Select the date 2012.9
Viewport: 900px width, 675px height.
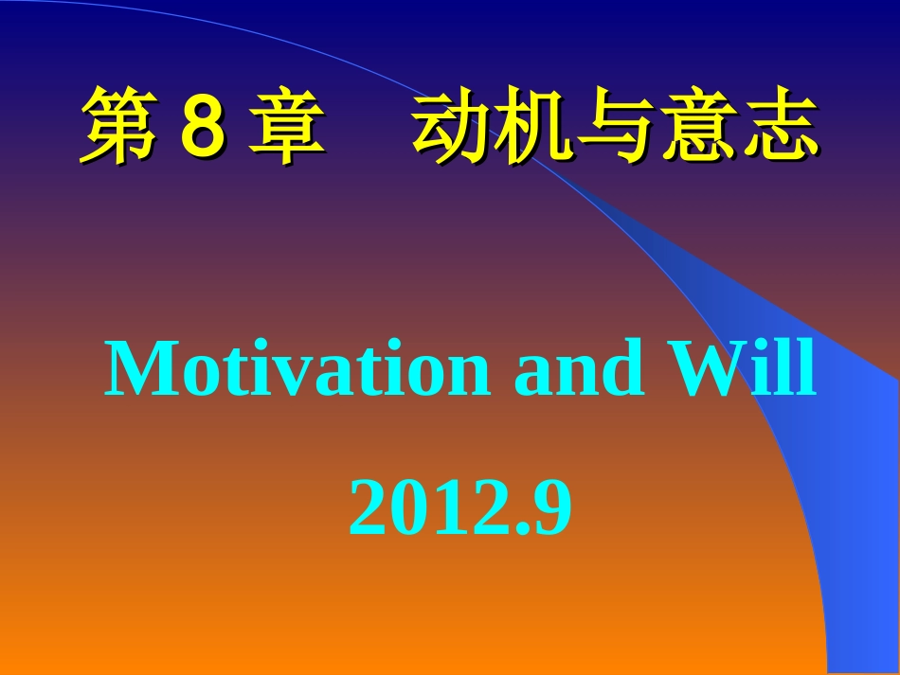(460, 507)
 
